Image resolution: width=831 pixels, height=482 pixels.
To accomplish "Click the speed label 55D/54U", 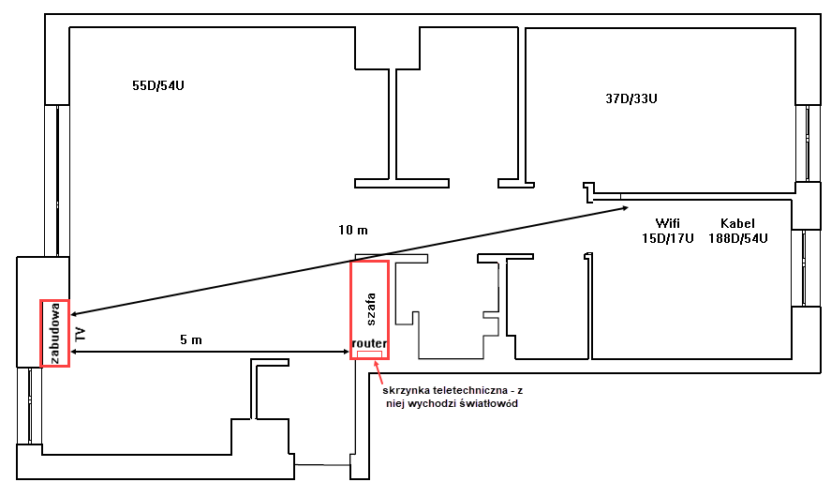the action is [x=158, y=85].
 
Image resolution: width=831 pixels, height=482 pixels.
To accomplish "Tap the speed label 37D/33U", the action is [x=631, y=98].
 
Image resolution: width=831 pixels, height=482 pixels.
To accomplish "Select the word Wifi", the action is [x=667, y=223].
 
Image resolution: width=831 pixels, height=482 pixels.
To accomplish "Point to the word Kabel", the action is [x=737, y=223].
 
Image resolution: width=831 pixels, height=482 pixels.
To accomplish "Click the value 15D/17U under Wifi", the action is [x=667, y=238].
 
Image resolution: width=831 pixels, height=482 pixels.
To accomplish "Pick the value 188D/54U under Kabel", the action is [x=737, y=238].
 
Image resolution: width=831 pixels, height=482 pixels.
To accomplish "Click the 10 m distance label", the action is [x=353, y=230].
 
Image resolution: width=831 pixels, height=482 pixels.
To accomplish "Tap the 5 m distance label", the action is [x=191, y=339].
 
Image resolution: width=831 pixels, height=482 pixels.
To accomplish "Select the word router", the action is [x=369, y=343].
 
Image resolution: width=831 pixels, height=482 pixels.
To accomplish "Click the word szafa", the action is [x=370, y=309].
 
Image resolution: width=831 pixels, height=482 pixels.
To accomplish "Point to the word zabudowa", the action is [x=54, y=333].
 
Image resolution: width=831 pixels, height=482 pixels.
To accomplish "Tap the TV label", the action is [x=81, y=334].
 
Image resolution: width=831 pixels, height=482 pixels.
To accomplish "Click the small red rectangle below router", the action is [x=369, y=354].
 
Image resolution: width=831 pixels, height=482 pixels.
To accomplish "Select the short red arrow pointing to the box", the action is [x=378, y=372].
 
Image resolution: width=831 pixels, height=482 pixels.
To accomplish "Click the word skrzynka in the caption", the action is [x=406, y=390].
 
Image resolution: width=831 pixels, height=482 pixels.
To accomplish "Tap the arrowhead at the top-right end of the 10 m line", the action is [x=626, y=208].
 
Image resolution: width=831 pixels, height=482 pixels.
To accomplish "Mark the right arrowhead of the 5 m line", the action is [x=346, y=352].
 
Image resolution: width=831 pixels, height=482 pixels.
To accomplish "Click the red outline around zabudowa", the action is [x=41, y=333].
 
